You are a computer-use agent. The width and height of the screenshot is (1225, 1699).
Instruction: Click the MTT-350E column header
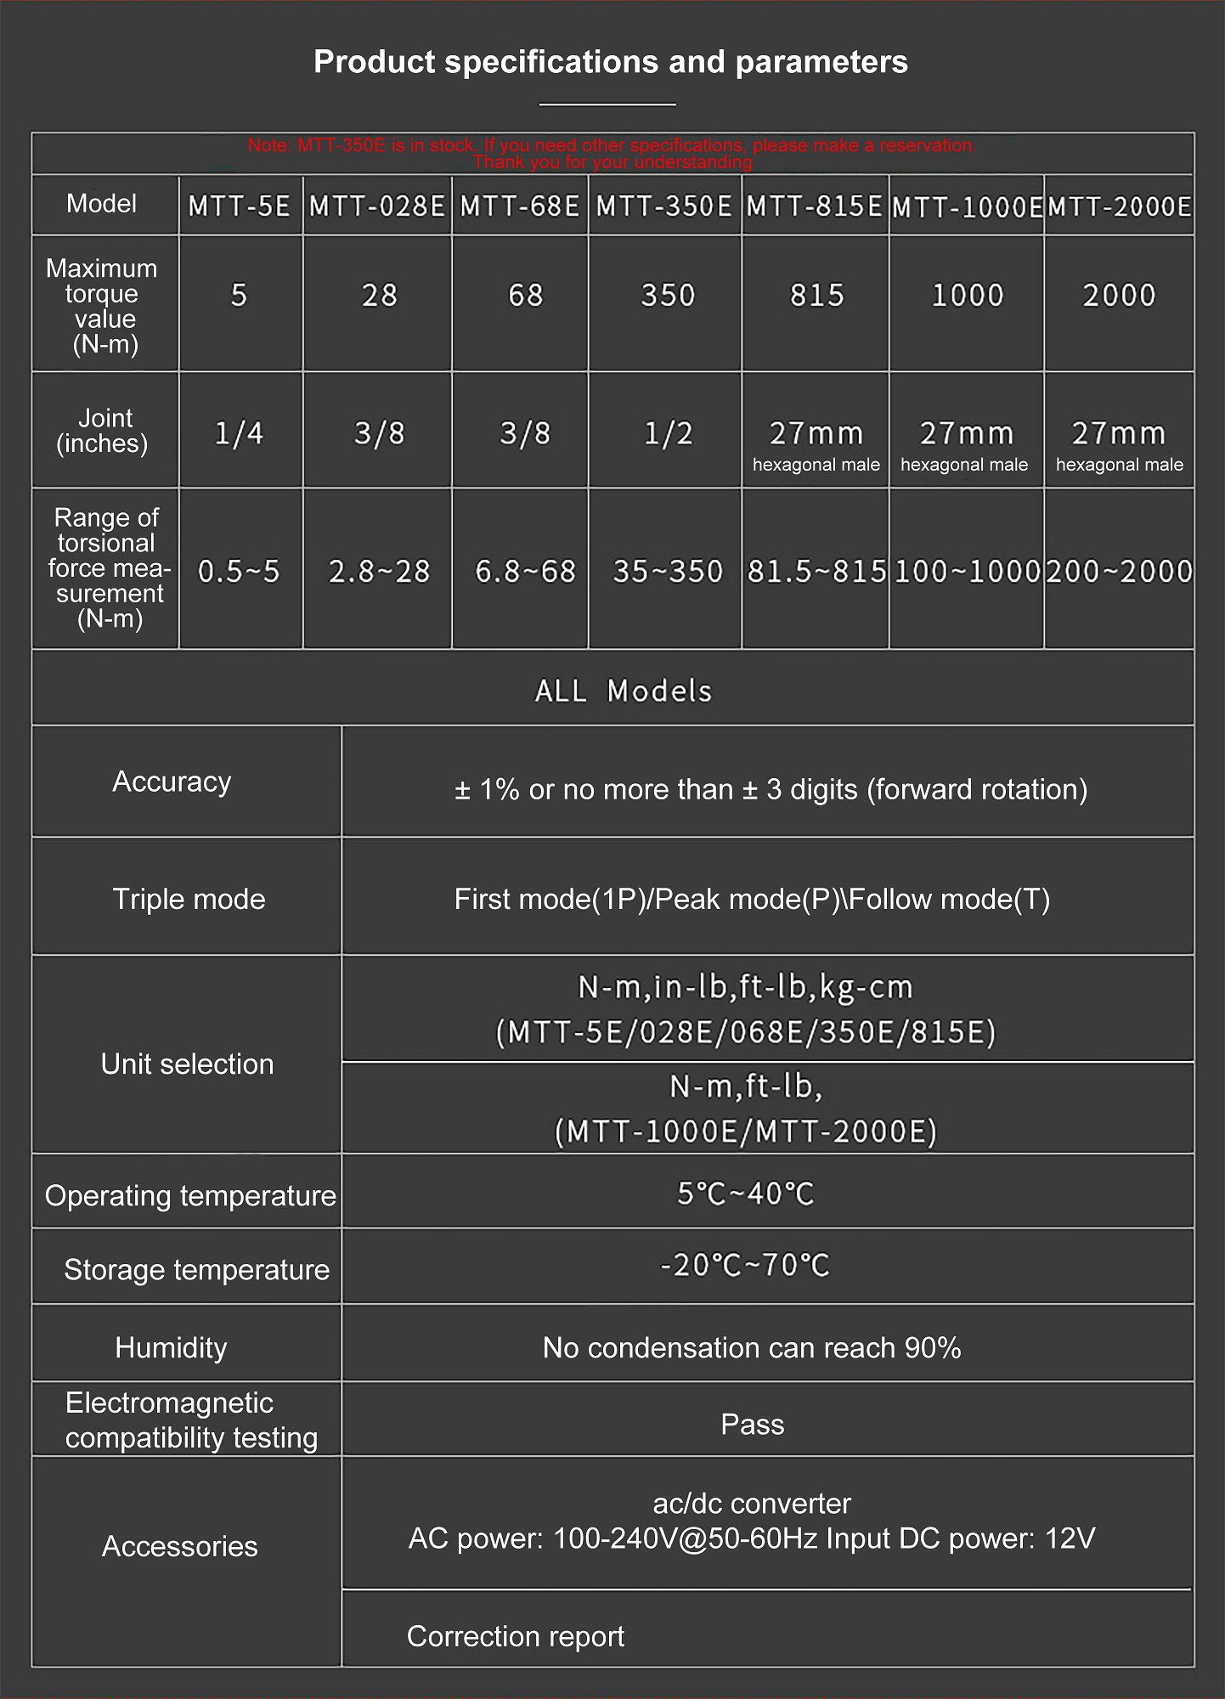coord(664,206)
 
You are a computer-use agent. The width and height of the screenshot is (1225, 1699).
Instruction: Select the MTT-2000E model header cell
coord(1119,206)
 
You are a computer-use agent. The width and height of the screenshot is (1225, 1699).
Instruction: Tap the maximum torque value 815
coord(816,296)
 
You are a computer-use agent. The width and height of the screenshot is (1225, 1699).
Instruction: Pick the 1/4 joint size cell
coord(239,434)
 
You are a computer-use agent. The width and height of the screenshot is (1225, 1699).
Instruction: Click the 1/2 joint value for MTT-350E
coord(668,434)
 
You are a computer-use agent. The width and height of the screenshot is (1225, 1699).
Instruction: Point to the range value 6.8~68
coord(525,572)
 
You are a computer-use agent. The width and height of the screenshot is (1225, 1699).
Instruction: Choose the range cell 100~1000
coord(967,572)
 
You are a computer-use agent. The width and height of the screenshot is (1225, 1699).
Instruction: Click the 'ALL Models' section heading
coord(623,691)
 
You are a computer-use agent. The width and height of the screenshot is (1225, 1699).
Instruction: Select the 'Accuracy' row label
coord(172,782)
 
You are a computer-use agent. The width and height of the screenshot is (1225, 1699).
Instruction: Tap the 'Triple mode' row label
coord(189,899)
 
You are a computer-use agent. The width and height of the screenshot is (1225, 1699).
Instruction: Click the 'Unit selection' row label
coord(187,1064)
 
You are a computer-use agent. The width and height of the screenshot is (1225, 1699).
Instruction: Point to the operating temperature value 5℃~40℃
coord(745,1194)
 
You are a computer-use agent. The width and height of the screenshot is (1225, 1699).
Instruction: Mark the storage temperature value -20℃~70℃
coord(745,1266)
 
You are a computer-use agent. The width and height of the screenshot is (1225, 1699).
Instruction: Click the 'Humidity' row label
coord(171,1347)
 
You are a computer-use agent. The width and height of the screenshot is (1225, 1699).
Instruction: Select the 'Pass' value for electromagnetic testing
coord(752,1424)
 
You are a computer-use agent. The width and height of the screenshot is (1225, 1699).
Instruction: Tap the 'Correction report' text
coord(515,1635)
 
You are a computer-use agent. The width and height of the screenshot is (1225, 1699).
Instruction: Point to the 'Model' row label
coord(101,204)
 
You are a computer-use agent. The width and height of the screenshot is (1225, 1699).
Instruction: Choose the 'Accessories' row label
coord(179,1546)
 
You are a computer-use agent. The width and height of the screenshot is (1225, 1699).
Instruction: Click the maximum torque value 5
coord(239,296)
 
